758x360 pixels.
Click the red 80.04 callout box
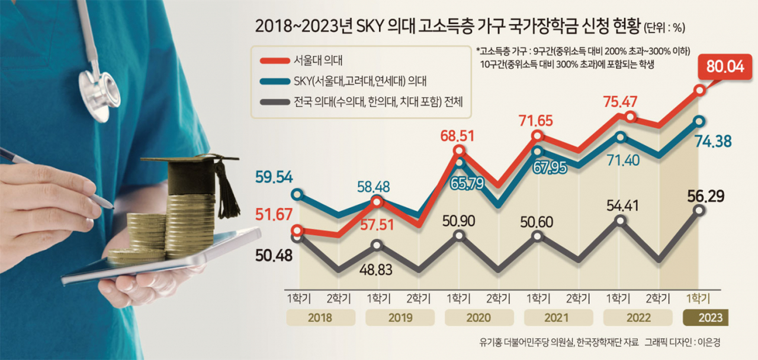click(x=725, y=67)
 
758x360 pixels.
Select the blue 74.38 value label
click(x=713, y=142)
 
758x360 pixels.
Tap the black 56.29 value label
click(x=706, y=196)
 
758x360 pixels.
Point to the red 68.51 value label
click(x=457, y=136)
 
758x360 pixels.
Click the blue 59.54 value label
click(x=274, y=177)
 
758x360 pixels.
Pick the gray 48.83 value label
click(x=375, y=269)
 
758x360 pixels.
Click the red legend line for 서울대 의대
click(x=275, y=61)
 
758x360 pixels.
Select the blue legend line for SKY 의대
click(x=275, y=82)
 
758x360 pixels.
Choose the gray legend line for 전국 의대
click(x=275, y=102)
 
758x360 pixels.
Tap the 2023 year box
click(x=705, y=318)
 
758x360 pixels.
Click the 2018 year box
click(x=321, y=318)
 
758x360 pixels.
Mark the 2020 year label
click(x=478, y=318)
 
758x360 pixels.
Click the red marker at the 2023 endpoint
click(x=699, y=91)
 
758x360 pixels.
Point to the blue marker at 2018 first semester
click(x=297, y=195)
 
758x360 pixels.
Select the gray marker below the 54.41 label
click(x=620, y=221)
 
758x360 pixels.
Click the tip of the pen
click(x=113, y=207)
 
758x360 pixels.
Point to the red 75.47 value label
click(x=620, y=102)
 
